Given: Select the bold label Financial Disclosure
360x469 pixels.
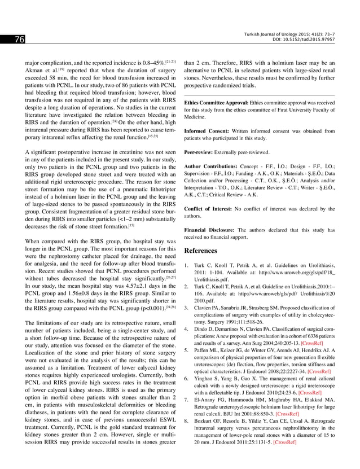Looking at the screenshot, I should pos(209,230).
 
